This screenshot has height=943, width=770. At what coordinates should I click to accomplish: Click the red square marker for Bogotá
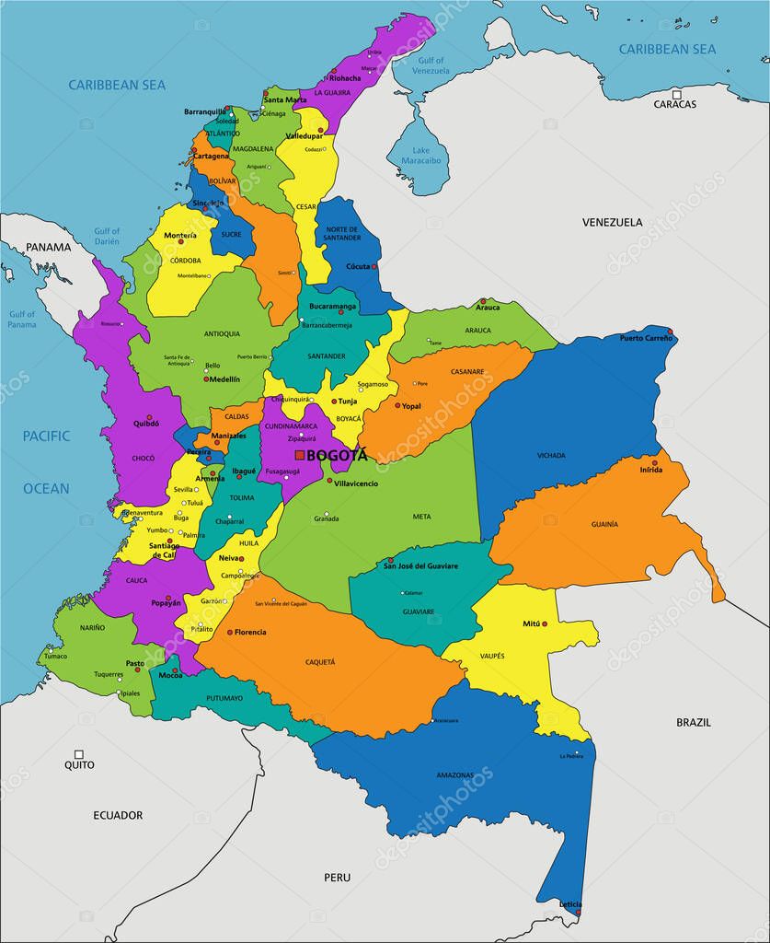pos(300,455)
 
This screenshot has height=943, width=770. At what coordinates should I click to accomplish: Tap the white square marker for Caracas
pos(676,94)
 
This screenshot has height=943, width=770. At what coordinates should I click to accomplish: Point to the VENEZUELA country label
pos(612,222)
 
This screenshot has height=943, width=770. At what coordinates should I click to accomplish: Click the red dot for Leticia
pos(578,913)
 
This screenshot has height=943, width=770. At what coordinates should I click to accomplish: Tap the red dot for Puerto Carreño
pos(670,332)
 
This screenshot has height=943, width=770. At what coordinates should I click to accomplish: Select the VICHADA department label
pos(552,456)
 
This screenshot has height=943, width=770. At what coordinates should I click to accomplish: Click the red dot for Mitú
pos(545,624)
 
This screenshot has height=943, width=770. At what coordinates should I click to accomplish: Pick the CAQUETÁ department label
pos(320,661)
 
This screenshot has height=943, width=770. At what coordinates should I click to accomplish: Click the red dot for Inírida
pos(655,462)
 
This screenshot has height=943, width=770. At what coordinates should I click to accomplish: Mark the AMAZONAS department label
pos(455,774)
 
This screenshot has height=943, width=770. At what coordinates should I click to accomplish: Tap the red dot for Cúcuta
pos(374,266)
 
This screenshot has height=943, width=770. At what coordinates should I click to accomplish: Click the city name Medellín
pos(225,378)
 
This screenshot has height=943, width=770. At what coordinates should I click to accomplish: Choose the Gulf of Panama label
pos(22,320)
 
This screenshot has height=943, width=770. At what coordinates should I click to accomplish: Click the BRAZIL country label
pos(694,722)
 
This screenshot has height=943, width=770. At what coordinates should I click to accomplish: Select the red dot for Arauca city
pos(482,301)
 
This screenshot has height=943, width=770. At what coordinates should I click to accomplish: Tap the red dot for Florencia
pos(230,632)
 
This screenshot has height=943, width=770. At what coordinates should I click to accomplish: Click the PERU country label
pos(337,878)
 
